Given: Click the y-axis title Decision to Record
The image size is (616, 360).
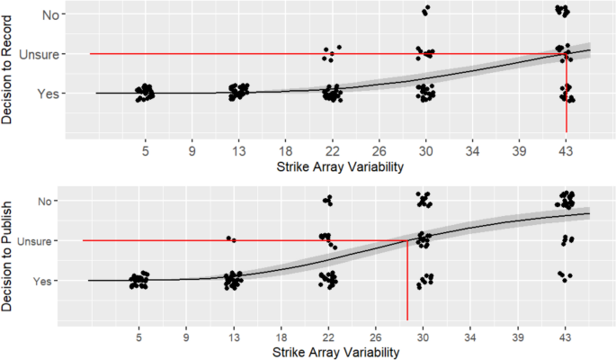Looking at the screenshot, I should pyautogui.click(x=9, y=69).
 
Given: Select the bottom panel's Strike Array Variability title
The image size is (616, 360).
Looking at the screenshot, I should pyautogui.click(x=327, y=352).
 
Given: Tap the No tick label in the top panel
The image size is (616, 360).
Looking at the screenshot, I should pyautogui.click(x=50, y=14).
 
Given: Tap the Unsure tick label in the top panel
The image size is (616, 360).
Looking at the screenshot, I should pyautogui.click(x=41, y=54).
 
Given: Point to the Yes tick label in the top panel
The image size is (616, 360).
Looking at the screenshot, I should pyautogui.click(x=49, y=93).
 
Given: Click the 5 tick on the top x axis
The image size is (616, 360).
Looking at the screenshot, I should pyautogui.click(x=145, y=149).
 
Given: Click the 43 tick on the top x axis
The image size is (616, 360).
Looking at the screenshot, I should pyautogui.click(x=566, y=149).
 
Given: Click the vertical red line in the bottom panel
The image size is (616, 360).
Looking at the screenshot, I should pyautogui.click(x=407, y=279).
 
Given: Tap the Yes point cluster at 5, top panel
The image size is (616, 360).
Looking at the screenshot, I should pyautogui.click(x=145, y=93).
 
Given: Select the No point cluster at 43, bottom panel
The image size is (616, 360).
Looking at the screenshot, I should pyautogui.click(x=566, y=198).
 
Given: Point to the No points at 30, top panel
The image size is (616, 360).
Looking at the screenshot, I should pyautogui.click(x=425, y=11).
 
